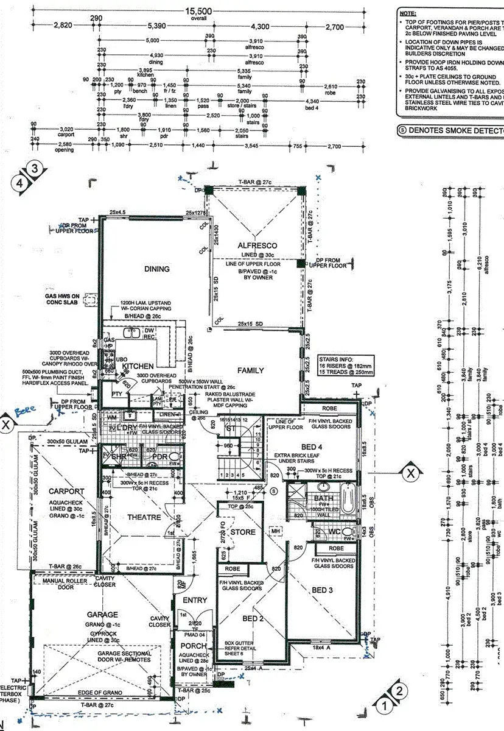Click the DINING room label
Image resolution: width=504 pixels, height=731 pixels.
point(157,269)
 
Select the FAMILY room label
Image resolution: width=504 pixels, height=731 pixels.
point(251,370)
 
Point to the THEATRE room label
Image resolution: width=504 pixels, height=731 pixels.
point(144,517)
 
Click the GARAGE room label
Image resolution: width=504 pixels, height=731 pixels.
point(102,615)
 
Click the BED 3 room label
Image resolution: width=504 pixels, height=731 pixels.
point(323,590)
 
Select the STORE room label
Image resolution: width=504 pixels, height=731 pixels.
point(243,532)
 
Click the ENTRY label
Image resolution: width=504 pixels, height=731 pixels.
point(195,600)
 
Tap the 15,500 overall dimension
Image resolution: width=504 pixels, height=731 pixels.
point(200,12)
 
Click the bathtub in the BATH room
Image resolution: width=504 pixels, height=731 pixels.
point(348,498)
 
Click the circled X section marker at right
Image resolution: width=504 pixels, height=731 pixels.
point(411,472)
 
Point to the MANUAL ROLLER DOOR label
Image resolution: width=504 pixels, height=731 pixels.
point(65,584)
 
